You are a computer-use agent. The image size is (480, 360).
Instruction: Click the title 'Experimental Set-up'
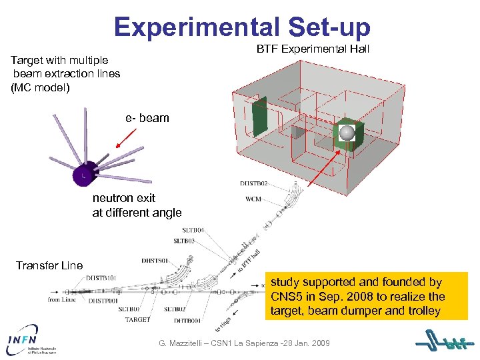[x=241, y=26]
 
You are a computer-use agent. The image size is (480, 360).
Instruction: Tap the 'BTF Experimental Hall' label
[x=313, y=50]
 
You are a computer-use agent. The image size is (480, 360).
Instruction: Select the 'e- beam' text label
[x=147, y=118]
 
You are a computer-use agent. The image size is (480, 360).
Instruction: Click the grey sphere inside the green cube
[x=347, y=133]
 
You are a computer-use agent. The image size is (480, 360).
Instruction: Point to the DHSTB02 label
[x=255, y=183]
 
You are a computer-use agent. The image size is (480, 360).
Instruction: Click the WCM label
[x=253, y=199]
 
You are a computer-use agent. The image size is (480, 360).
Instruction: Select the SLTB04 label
[x=190, y=230]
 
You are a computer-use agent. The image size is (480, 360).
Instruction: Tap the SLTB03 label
[x=185, y=240]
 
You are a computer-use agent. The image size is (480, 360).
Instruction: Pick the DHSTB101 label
[x=101, y=277]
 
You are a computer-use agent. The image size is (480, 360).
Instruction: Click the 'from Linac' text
[x=63, y=300]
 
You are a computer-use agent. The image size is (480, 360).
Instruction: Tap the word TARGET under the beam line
[x=137, y=320]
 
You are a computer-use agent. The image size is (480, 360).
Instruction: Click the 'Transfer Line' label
[x=49, y=265]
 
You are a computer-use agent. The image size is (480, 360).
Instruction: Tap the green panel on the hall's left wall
[x=258, y=118]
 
